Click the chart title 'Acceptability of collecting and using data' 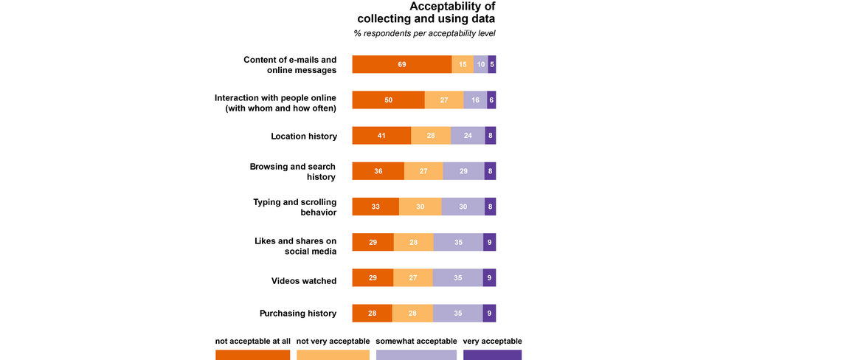[x=426, y=13]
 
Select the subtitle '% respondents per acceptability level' [x=424, y=34]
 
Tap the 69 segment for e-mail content [x=401, y=64]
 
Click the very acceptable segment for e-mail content [x=492, y=64]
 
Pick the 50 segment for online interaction [x=388, y=100]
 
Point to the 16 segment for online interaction [x=475, y=100]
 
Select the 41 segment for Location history [x=381, y=136]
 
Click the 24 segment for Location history [x=468, y=136]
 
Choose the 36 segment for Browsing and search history [x=378, y=171]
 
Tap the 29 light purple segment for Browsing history [x=463, y=171]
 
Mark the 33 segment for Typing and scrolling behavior [x=375, y=207]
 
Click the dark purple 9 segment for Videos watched [x=489, y=277]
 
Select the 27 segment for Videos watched [x=413, y=277]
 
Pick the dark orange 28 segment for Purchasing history [x=372, y=314]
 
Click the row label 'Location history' [x=304, y=136]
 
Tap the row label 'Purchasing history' [x=298, y=314]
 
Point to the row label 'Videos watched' [x=304, y=281]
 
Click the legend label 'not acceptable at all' [x=253, y=341]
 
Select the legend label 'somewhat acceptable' [x=417, y=341]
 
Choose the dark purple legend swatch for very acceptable [x=492, y=355]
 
